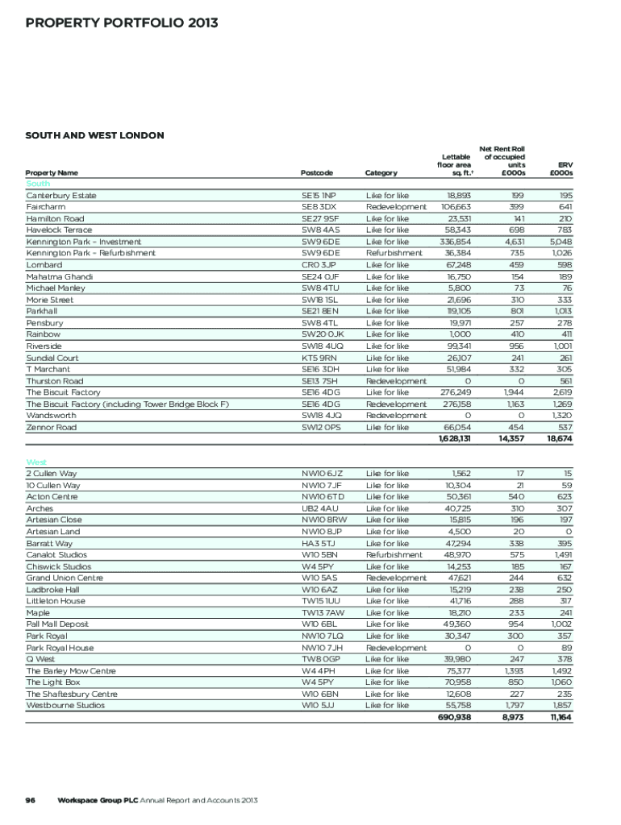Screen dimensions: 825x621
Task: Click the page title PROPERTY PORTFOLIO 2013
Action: pyautogui.click(x=122, y=23)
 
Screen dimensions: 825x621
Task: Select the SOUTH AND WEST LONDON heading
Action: pyautogui.click(x=95, y=135)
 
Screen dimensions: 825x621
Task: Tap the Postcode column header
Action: pyautogui.click(x=316, y=172)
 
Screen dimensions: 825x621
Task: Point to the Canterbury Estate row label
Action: pyautogui.click(x=61, y=196)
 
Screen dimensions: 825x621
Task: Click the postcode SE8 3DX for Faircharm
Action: pyautogui.click(x=319, y=207)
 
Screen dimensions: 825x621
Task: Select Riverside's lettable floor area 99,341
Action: pyautogui.click(x=456, y=346)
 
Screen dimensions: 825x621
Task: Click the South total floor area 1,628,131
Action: pyautogui.click(x=455, y=439)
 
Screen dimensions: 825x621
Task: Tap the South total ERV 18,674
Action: pyautogui.click(x=559, y=439)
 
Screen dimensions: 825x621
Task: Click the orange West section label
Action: pyautogui.click(x=35, y=462)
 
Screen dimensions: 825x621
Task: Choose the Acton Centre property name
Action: pyautogui.click(x=52, y=497)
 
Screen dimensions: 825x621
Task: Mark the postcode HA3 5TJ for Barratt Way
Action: pyautogui.click(x=318, y=544)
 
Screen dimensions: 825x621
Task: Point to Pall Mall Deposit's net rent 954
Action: pyautogui.click(x=514, y=624)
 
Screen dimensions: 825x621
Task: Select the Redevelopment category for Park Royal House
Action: pyautogui.click(x=396, y=648)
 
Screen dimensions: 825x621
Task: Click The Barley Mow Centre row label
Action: pyautogui.click(x=71, y=671)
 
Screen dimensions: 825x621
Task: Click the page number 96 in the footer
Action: pyautogui.click(x=31, y=800)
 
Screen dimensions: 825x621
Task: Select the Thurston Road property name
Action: pyautogui.click(x=55, y=381)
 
